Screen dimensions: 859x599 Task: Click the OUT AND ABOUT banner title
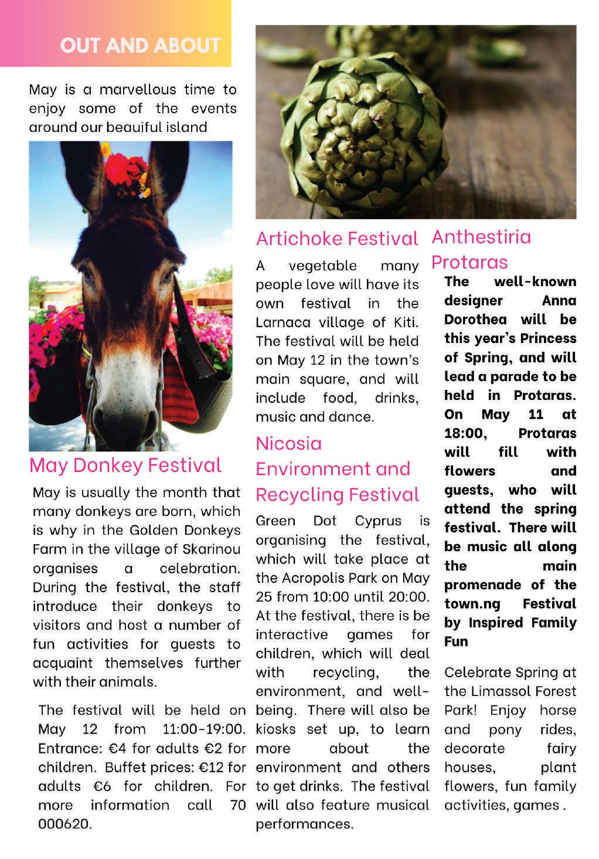[x=140, y=45]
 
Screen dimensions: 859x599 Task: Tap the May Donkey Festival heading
[x=125, y=465]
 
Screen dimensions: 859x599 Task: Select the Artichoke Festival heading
[x=337, y=239]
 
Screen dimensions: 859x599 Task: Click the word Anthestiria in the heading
[x=481, y=237]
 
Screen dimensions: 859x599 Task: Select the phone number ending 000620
[x=64, y=824]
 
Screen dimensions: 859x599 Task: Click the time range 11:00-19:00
[x=203, y=729]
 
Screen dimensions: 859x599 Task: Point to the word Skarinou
[x=212, y=549]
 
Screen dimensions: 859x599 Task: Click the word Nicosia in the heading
[x=289, y=443]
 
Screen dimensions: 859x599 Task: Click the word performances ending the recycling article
[x=304, y=824]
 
